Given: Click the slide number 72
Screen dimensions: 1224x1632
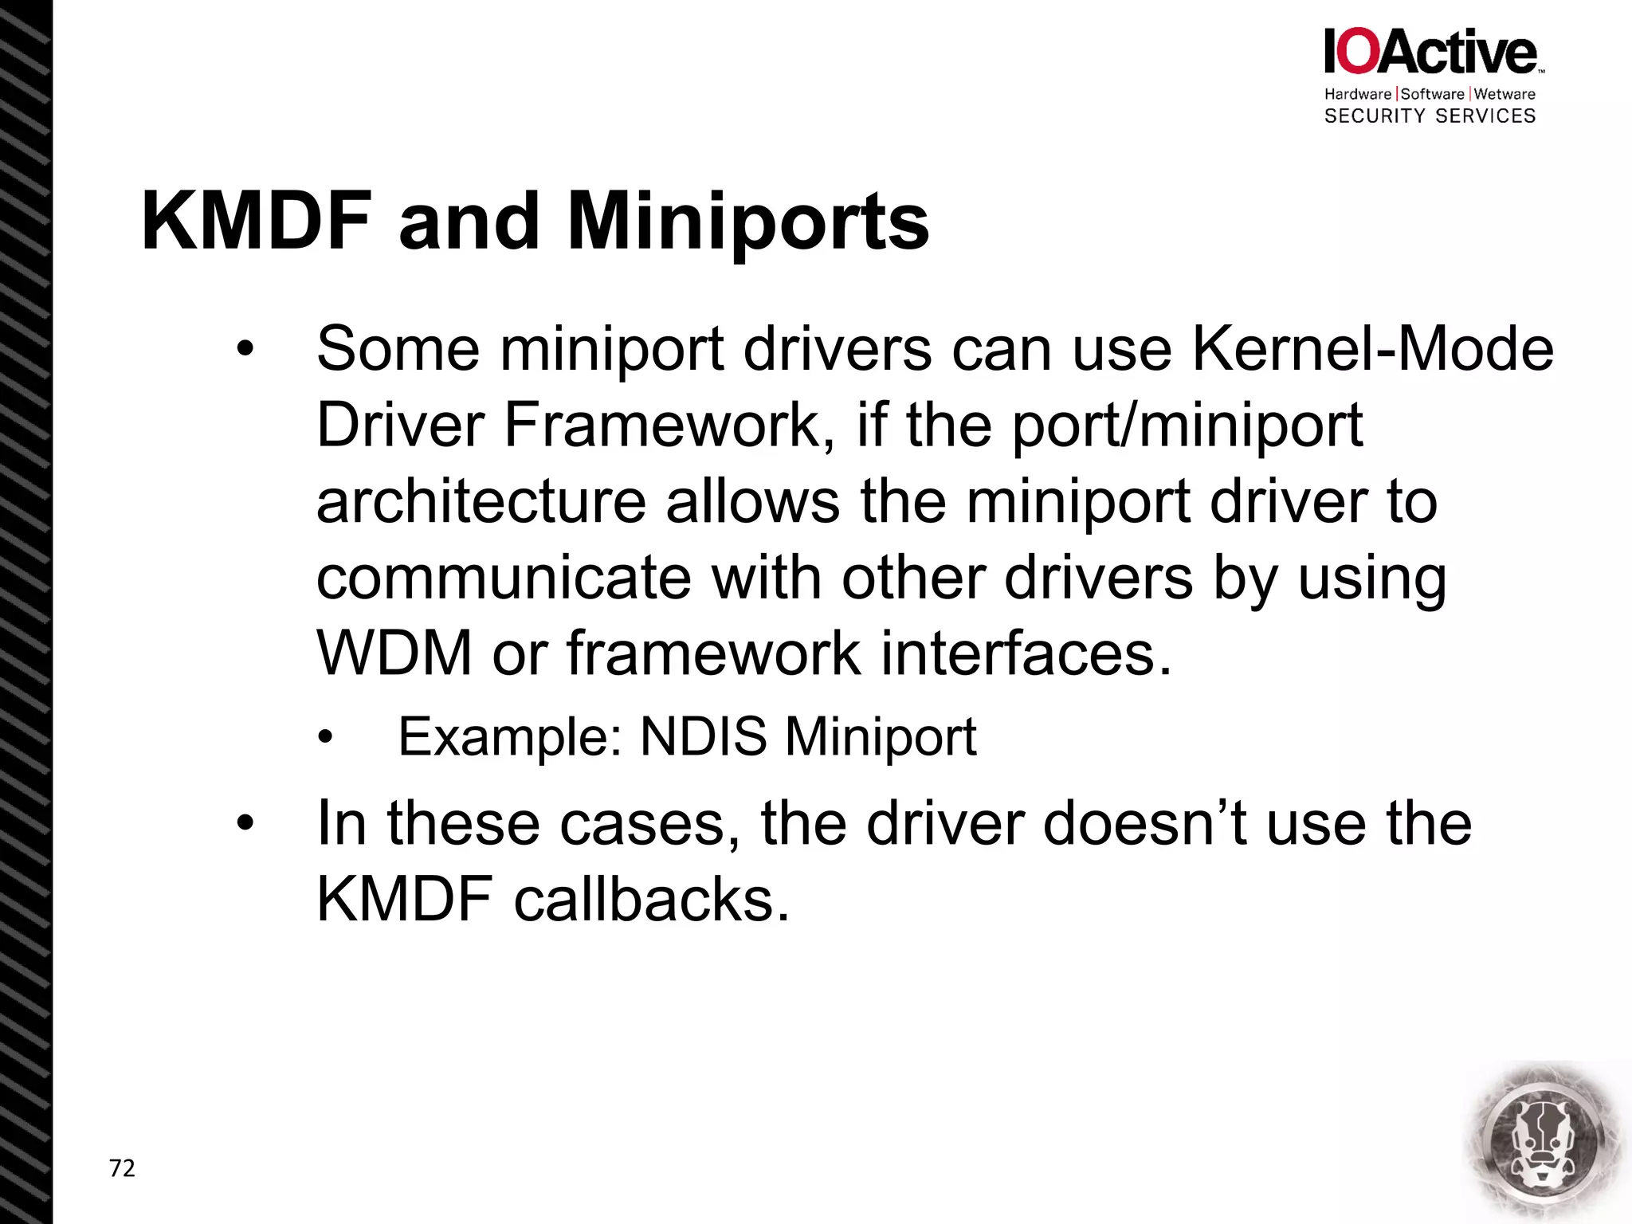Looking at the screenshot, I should click(122, 1168).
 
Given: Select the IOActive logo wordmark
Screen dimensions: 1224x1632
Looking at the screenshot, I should click(1430, 52).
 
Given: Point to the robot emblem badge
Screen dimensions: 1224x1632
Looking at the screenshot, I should click(1544, 1141).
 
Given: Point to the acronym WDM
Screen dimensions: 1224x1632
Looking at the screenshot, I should click(394, 653).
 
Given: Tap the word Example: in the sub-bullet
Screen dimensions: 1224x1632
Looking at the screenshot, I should click(510, 736).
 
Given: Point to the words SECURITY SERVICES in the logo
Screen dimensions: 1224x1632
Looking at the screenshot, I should click(1430, 116).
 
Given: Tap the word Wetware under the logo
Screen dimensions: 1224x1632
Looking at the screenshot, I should click(1504, 94).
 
